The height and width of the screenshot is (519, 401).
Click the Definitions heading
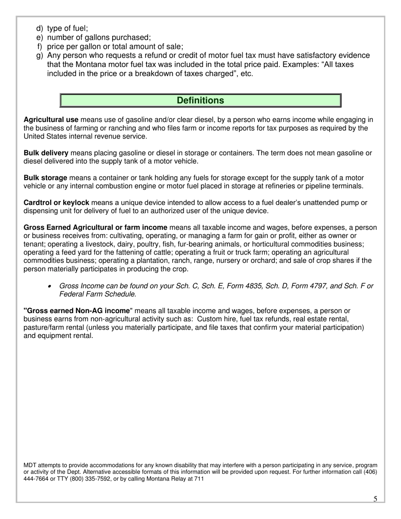(200, 100)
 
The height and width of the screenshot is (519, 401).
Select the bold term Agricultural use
(51, 120)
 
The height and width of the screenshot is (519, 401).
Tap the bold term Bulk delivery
(46, 153)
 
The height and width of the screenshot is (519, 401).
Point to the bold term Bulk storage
(46, 178)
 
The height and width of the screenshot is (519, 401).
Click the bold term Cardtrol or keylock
(57, 203)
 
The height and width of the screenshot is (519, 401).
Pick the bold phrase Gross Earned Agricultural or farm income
(95, 228)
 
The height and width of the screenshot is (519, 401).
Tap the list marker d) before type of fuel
(40, 28)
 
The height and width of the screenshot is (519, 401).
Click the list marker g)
(40, 55)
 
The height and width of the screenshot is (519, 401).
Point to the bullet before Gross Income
(50, 287)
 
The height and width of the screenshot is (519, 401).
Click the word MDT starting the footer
(30, 465)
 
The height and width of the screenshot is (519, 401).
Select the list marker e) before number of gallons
(40, 37)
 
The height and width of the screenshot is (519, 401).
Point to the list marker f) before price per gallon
(40, 46)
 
